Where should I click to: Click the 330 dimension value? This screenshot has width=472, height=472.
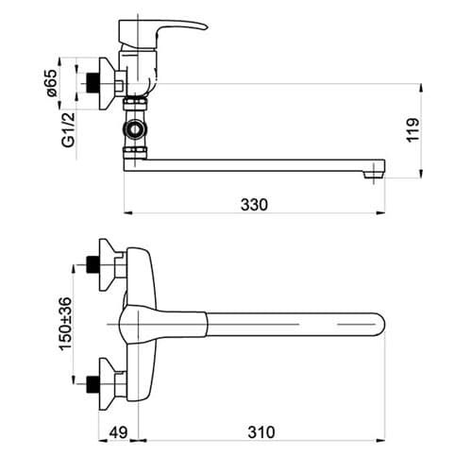[x=254, y=205]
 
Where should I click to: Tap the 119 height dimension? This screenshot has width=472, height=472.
[x=413, y=130]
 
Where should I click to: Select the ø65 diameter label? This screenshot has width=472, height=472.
[x=52, y=83]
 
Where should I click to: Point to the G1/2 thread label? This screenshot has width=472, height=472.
[x=68, y=129]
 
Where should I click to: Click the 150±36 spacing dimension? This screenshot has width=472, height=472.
[x=66, y=324]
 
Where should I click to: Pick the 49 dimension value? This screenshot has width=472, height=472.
[x=118, y=432]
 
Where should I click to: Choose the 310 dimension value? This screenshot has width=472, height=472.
[x=261, y=432]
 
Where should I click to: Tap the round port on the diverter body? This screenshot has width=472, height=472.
[x=136, y=128]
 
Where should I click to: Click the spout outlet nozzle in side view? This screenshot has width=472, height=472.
[x=374, y=175]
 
